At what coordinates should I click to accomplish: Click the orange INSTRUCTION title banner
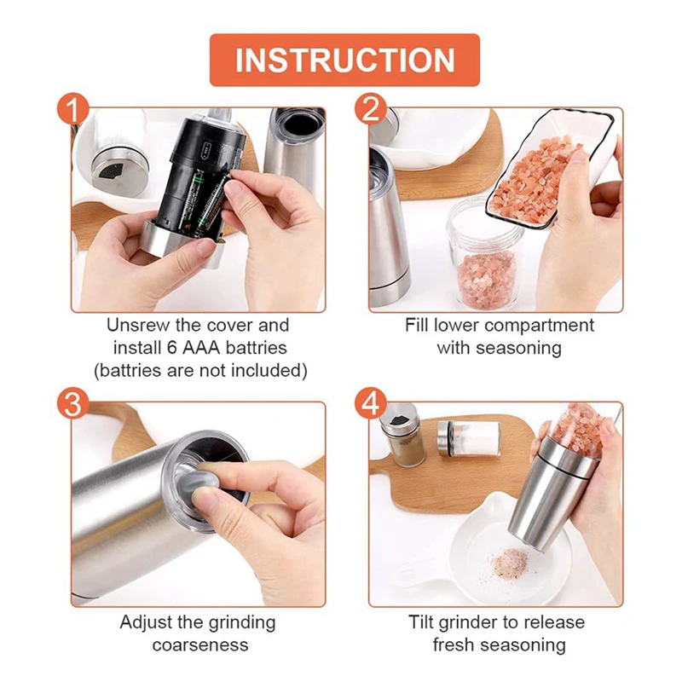pyautogui.click(x=344, y=60)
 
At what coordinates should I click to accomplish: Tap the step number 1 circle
pyautogui.click(x=73, y=109)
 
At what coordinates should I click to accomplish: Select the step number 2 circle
pyautogui.click(x=371, y=109)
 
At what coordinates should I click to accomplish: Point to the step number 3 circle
pyautogui.click(x=73, y=403)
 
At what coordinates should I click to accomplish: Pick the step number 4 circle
pyautogui.click(x=371, y=403)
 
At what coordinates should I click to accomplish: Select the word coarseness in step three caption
pyautogui.click(x=200, y=644)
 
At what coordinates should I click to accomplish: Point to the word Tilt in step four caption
pyautogui.click(x=421, y=622)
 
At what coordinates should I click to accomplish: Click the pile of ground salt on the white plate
pyautogui.click(x=509, y=564)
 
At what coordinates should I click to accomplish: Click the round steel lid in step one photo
pyautogui.click(x=118, y=167)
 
